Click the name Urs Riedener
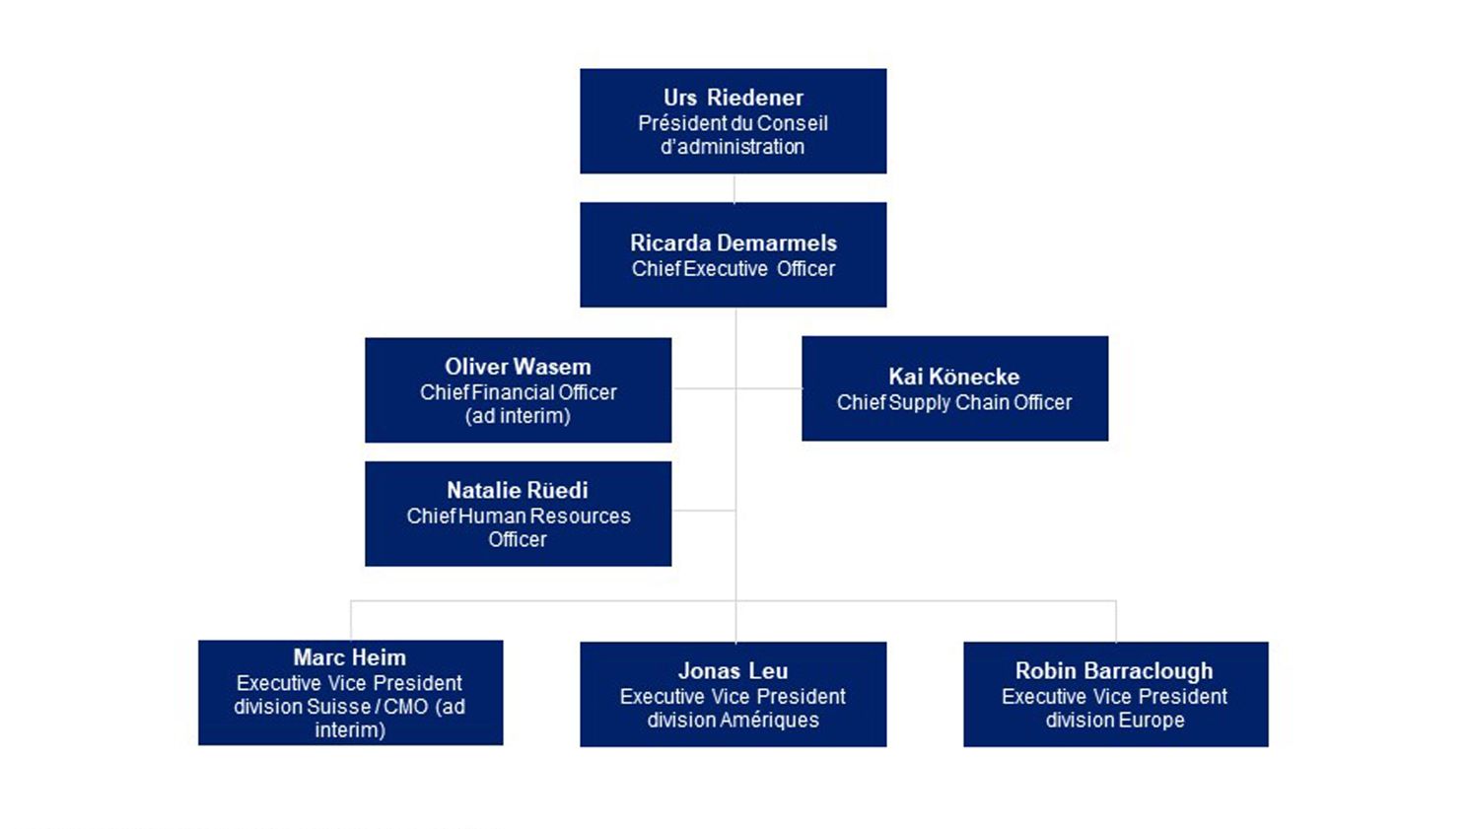(733, 98)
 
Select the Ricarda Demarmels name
(733, 242)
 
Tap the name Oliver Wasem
(518, 367)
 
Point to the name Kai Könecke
(953, 377)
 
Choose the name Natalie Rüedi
(517, 490)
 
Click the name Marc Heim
(349, 657)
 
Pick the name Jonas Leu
(733, 671)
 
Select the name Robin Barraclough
(1114, 671)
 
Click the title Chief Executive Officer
(733, 269)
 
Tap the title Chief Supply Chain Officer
(953, 402)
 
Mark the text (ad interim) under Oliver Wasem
(518, 416)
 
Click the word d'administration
(733, 147)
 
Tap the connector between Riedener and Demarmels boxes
(733, 188)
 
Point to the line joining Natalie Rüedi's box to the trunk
(703, 511)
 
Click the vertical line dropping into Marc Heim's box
(351, 621)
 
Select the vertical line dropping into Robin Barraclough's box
(1116, 621)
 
